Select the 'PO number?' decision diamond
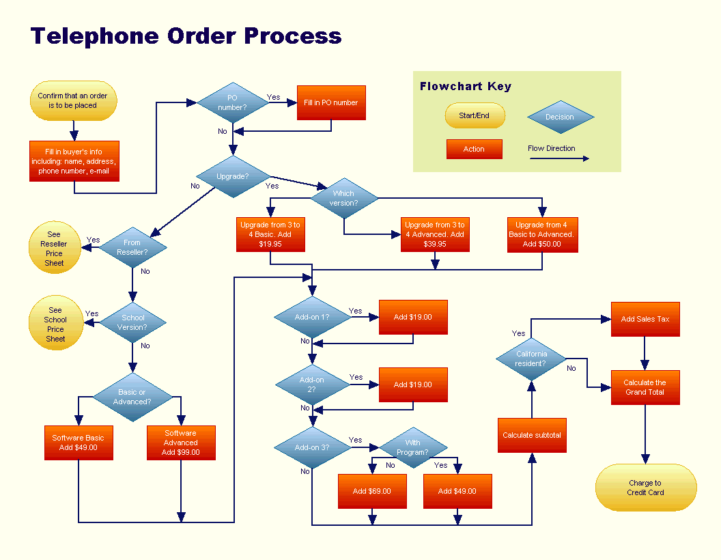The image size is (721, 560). coord(232,102)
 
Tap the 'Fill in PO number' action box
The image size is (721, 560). coord(331,102)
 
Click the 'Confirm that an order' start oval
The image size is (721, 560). coord(73,101)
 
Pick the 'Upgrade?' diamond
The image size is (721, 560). coord(232,176)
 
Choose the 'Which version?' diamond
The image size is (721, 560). coord(344,198)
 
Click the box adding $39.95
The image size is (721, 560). coord(435,234)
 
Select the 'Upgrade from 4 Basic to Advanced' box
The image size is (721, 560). coord(542,234)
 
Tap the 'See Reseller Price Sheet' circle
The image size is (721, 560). coord(54,249)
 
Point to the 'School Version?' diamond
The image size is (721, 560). coord(133,322)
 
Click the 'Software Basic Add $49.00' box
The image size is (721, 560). coord(79,443)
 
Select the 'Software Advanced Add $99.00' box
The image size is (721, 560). coord(181,443)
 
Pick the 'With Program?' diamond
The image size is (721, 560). coord(412,447)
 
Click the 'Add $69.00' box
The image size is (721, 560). coord(372,491)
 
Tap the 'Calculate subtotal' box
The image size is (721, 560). coord(532,435)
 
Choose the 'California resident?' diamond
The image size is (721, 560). coord(531,359)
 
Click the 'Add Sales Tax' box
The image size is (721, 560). coord(645,319)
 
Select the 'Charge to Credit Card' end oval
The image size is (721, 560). coord(645,488)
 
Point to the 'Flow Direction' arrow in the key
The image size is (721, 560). coord(559,158)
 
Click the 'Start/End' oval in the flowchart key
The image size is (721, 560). coord(475,115)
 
